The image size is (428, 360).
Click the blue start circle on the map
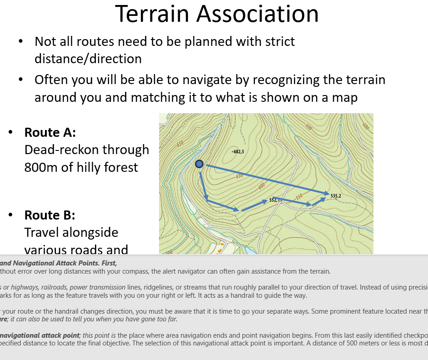pyautogui.click(x=199, y=164)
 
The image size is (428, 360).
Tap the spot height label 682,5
pyautogui.click(x=239, y=151)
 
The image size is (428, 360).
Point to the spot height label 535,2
pyautogui.click(x=336, y=196)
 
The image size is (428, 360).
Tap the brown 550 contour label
pyautogui.click(x=298, y=197)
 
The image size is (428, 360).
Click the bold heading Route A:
pyautogui.click(x=50, y=132)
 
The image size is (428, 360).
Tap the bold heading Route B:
pyautogui.click(x=50, y=215)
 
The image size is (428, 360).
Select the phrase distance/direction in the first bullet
pyautogui.click(x=88, y=59)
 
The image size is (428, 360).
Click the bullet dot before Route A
pyautogui.click(x=10, y=132)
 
